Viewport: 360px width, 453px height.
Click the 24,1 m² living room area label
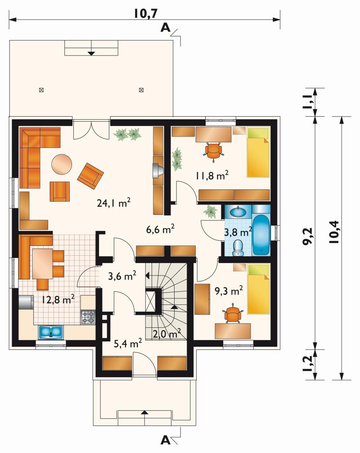click(x=114, y=203)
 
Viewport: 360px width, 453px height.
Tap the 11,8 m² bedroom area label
click(x=212, y=175)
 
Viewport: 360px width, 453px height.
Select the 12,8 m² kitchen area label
click(x=58, y=299)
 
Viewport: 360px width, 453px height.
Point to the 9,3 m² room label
click(x=229, y=290)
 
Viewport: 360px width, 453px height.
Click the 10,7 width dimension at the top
click(x=146, y=14)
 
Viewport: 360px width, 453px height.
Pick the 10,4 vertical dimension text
click(x=334, y=232)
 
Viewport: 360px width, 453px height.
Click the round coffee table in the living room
click(x=62, y=164)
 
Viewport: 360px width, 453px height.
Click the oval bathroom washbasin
click(x=238, y=212)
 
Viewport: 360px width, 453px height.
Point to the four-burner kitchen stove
click(x=88, y=317)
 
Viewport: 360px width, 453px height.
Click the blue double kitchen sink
click(x=51, y=332)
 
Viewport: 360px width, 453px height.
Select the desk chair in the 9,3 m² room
click(x=233, y=314)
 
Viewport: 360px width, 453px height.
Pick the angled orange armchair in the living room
click(x=90, y=176)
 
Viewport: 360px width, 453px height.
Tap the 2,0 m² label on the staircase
click(x=167, y=334)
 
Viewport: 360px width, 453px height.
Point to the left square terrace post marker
click(x=41, y=90)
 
